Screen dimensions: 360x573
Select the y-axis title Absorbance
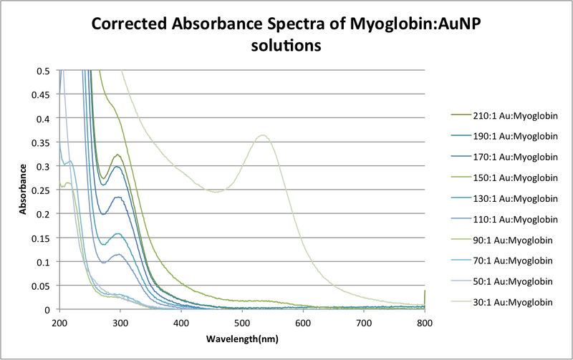[23, 190]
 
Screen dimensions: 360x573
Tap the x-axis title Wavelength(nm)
[242, 338]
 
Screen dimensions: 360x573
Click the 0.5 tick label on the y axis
[47, 71]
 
